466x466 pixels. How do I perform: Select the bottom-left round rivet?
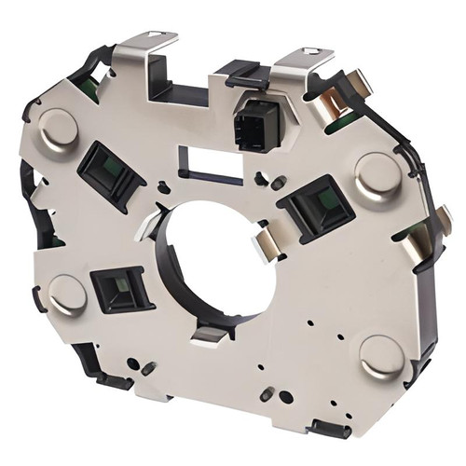point(68,294)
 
